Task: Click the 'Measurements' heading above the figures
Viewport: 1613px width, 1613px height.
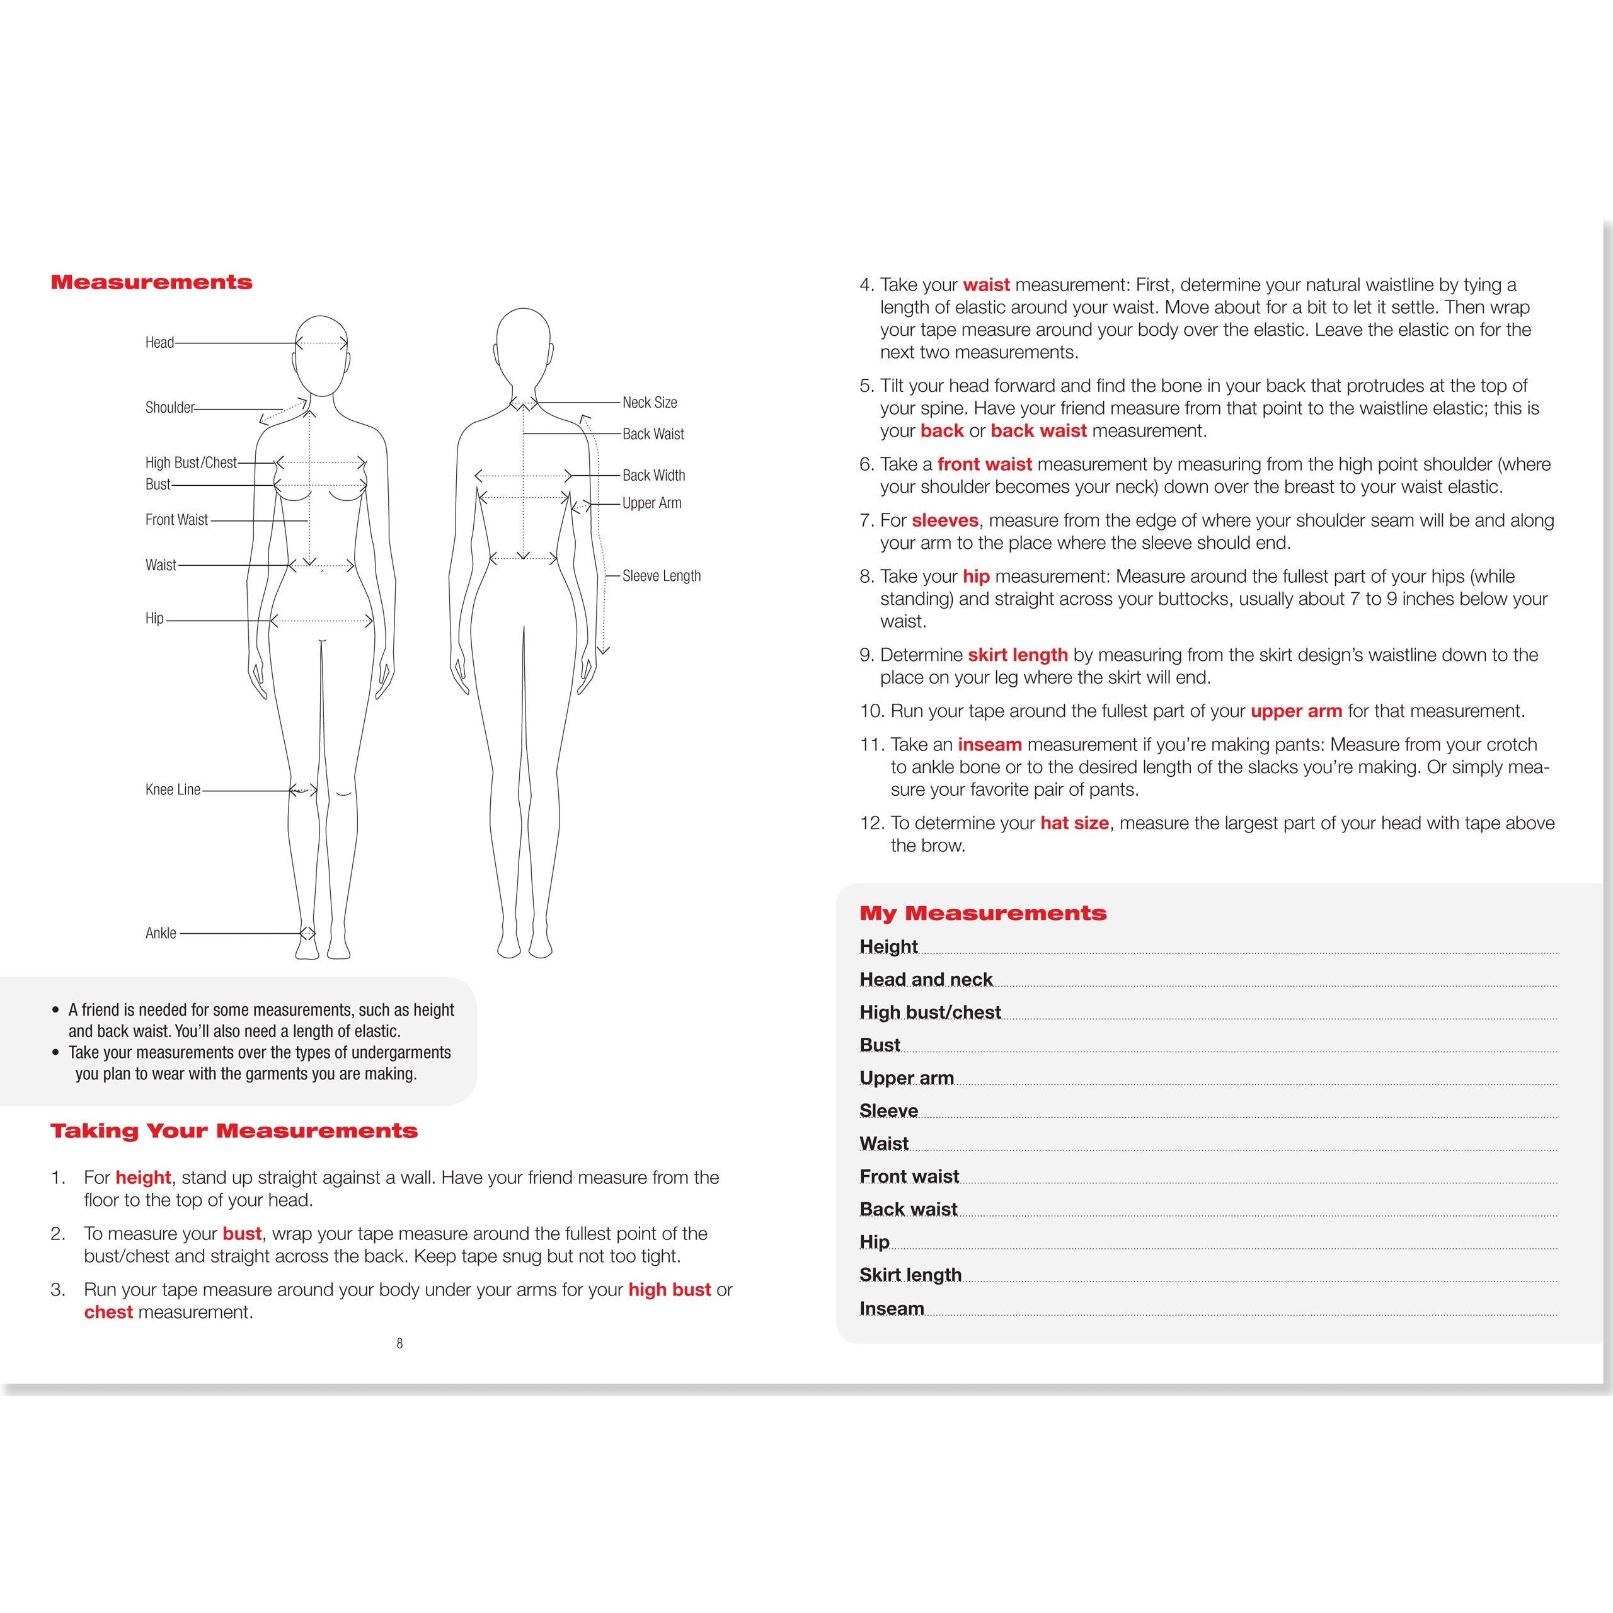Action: (151, 282)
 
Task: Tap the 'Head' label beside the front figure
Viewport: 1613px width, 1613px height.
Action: (159, 342)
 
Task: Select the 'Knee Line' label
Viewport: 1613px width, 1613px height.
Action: (173, 789)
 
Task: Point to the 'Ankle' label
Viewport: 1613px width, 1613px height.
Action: (161, 933)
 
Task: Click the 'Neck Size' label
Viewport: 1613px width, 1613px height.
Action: (650, 403)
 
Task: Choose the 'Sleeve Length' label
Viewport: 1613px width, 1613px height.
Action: (661, 576)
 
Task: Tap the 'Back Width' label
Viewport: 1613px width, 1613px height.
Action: (654, 475)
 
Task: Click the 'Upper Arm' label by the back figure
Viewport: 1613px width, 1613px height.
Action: (652, 503)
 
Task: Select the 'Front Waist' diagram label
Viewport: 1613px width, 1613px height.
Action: (176, 519)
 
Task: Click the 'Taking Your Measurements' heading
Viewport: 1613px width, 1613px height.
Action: (234, 1131)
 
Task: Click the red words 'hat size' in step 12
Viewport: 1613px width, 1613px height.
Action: (1074, 824)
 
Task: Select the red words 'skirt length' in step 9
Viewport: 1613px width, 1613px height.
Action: (1018, 655)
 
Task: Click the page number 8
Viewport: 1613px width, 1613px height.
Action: (400, 1343)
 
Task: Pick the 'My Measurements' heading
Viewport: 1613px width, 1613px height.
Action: (983, 914)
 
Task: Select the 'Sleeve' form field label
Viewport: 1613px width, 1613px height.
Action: (888, 1111)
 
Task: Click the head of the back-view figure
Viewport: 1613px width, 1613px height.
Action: (524, 342)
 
